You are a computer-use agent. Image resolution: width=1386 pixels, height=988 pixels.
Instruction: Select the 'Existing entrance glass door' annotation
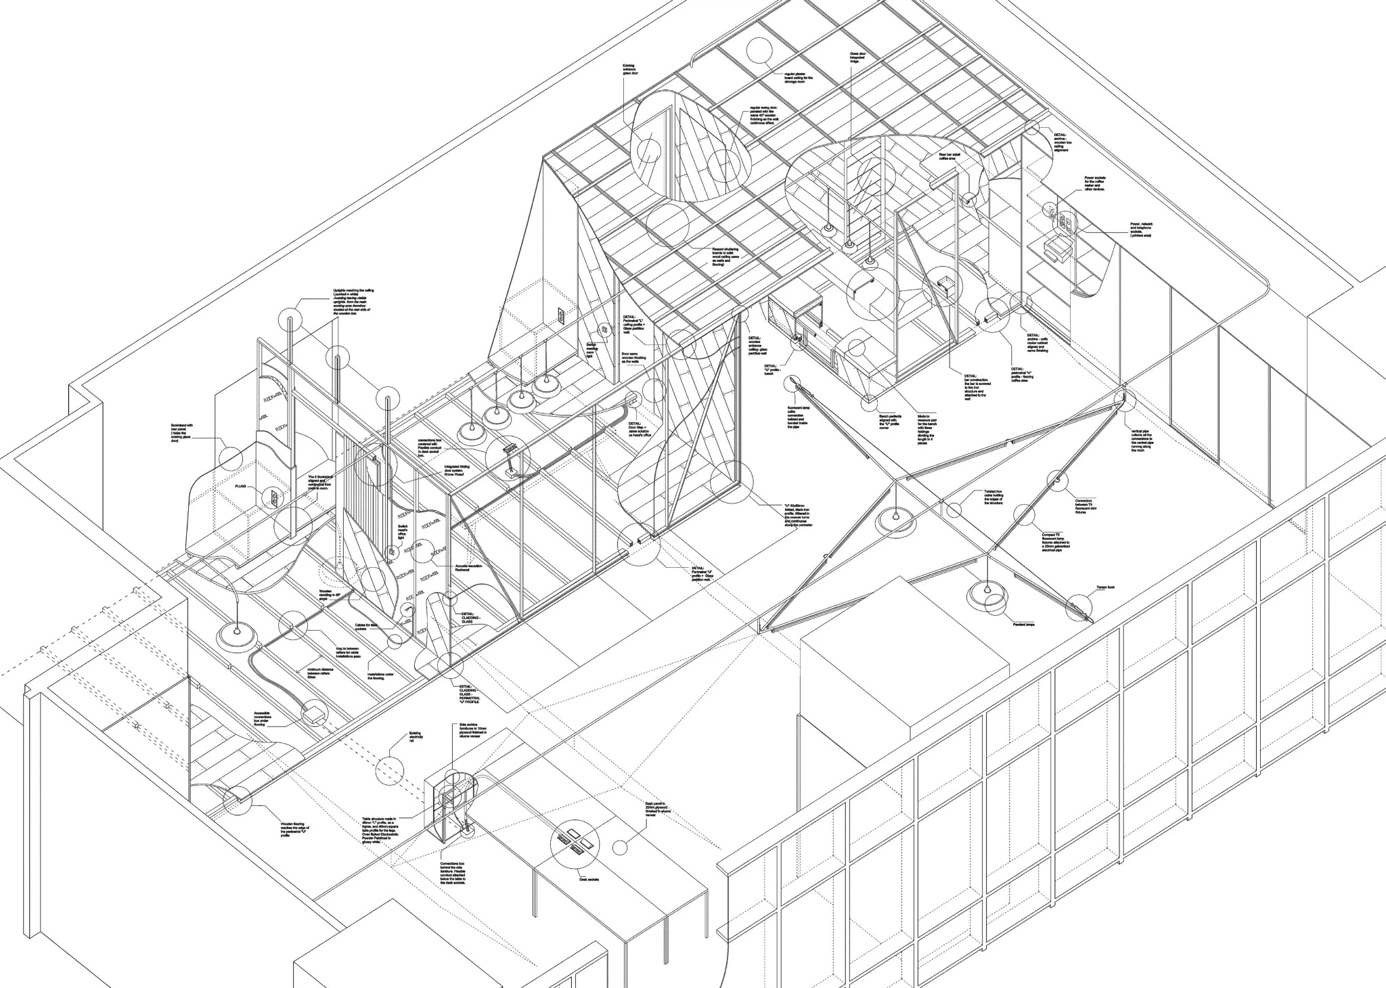tap(630, 70)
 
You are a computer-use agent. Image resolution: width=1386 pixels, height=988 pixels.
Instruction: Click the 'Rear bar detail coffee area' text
tap(950, 157)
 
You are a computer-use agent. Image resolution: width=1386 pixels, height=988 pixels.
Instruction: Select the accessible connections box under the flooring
tap(313, 713)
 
